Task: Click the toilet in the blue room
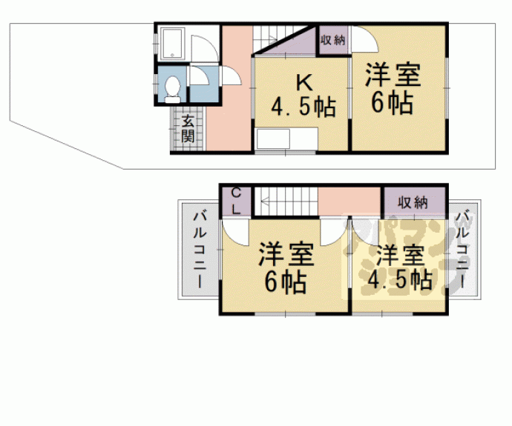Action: pos(172,90)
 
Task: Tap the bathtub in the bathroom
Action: pos(173,44)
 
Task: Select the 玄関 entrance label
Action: pos(188,129)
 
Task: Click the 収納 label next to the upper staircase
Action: pos(333,40)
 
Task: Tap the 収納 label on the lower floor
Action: pos(413,203)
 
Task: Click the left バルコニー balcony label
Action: pos(200,250)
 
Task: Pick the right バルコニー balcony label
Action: pos(462,250)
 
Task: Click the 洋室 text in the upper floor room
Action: pos(393,75)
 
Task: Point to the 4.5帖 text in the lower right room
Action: pos(400,279)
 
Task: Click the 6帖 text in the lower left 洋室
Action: pos(286,282)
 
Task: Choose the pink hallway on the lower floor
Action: pos(349,201)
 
